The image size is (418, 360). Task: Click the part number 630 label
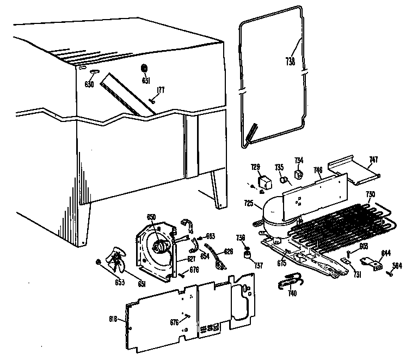(89, 84)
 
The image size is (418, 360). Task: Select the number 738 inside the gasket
(290, 62)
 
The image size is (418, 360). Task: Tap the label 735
(279, 167)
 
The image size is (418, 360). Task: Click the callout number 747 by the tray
(373, 160)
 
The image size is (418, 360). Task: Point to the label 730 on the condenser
(370, 194)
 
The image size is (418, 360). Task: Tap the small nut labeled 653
(99, 263)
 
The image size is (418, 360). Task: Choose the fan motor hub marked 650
(161, 248)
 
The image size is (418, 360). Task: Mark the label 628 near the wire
(229, 252)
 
